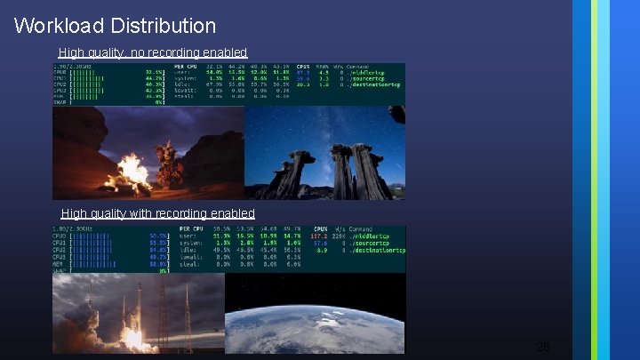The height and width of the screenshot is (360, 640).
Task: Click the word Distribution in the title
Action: point(163,26)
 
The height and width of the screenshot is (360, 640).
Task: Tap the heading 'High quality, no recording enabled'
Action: point(152,53)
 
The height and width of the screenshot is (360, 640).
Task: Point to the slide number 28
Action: point(543,346)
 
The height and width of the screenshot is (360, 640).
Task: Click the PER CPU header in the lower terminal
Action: point(191,229)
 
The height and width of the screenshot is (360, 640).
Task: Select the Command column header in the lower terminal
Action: point(385,229)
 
